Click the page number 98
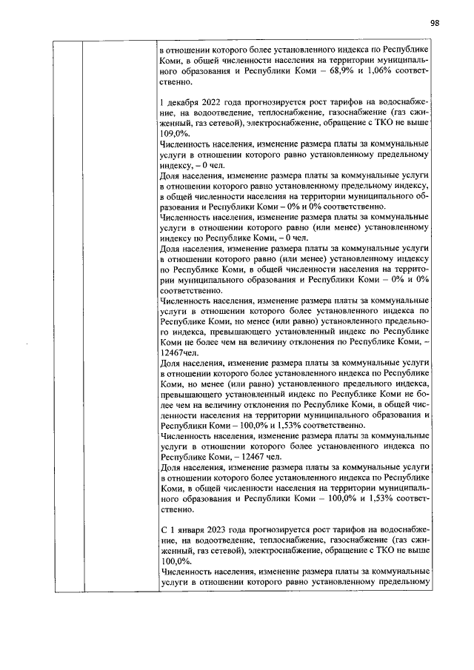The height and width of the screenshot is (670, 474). [x=434, y=23]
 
